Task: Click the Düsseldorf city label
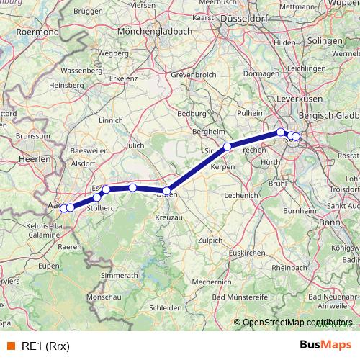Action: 247,19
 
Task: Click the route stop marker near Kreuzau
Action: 166,191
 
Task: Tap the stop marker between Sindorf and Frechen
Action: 227,146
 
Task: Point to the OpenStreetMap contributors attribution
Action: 296,323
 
